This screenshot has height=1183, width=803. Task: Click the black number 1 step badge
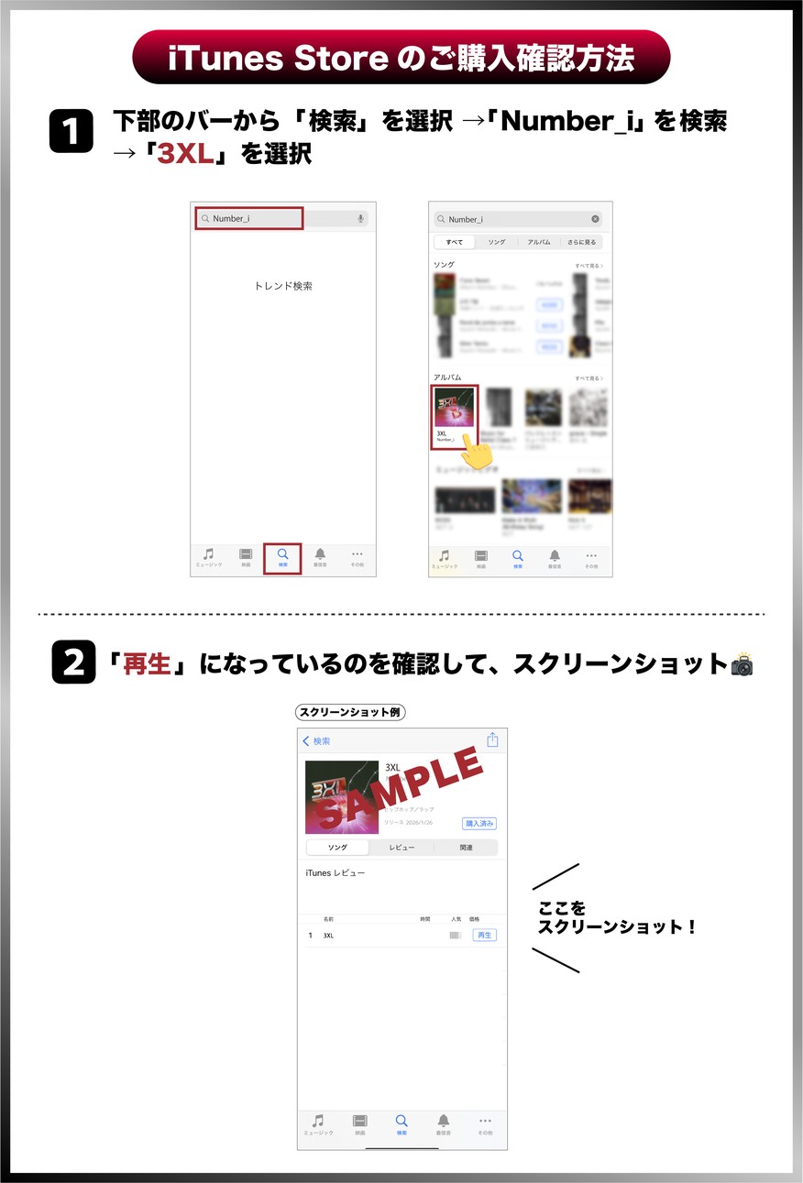(x=71, y=132)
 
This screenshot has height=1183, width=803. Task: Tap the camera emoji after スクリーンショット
(x=741, y=664)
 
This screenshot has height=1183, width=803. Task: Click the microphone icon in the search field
(x=360, y=218)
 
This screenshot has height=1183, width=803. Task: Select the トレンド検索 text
(x=283, y=286)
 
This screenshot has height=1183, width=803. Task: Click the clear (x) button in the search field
(x=595, y=219)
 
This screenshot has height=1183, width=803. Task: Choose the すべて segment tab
(x=454, y=243)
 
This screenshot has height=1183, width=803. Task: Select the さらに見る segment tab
(x=580, y=243)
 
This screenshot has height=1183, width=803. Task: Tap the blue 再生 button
(x=484, y=935)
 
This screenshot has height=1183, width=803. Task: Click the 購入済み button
(x=479, y=823)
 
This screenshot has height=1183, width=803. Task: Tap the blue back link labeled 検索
(x=316, y=741)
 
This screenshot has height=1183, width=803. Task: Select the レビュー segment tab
(x=401, y=848)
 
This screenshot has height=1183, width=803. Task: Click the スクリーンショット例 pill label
(x=350, y=712)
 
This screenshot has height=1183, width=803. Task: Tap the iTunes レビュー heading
(x=335, y=873)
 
